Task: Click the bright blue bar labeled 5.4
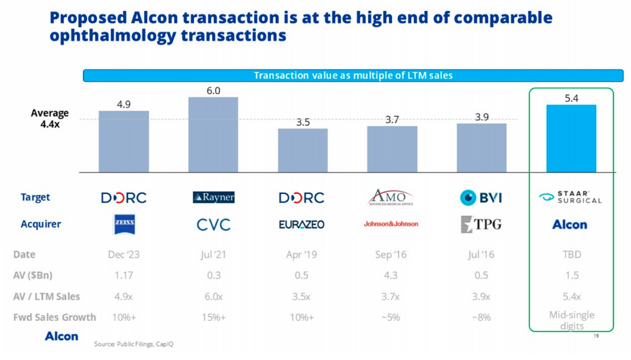point(571,139)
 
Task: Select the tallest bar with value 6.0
point(213,134)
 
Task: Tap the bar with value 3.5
point(303,150)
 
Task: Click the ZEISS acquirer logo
point(124,224)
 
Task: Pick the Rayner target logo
point(213,198)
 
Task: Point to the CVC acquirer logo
point(213,224)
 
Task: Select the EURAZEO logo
point(301,224)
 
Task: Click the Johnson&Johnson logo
point(391,224)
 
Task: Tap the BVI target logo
point(481,198)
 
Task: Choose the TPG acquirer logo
point(481,224)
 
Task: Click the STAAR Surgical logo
point(570,198)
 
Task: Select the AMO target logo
point(391,198)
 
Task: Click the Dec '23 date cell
point(124,255)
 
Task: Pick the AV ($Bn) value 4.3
point(390,275)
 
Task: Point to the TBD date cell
point(571,255)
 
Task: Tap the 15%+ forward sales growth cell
point(213,317)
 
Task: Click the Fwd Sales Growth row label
point(54,317)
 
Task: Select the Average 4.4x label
point(50,119)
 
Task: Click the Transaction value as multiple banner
point(353,75)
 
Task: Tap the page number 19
point(596,336)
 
